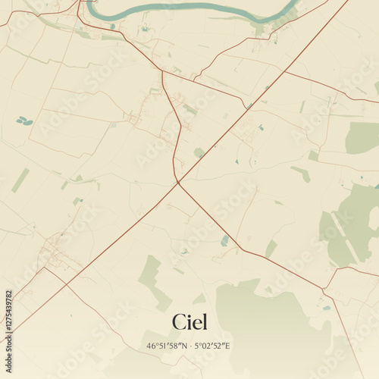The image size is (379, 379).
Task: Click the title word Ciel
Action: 189,321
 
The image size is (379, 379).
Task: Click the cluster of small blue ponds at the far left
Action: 25,120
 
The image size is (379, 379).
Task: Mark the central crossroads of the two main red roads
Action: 178,182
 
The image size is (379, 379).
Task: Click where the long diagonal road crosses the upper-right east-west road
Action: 286,72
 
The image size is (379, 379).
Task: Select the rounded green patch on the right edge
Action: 362,137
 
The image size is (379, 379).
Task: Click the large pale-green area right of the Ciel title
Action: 262,318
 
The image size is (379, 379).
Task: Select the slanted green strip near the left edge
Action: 20,180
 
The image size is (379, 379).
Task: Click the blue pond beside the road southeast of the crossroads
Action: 224,240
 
